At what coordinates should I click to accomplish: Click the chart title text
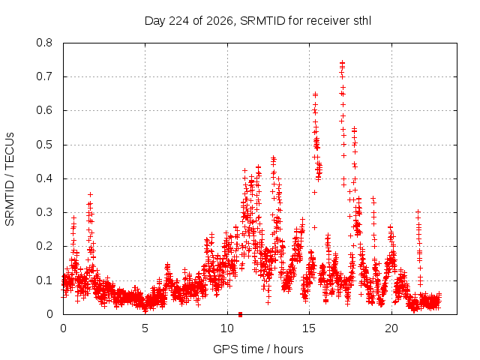pos(258,21)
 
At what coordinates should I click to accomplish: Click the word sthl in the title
pos(362,21)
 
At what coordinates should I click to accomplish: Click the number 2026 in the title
pos(220,21)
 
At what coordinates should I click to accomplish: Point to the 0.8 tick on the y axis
pos(44,43)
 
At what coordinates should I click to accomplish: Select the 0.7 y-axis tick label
pos(44,76)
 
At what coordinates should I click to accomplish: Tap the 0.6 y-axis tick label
pos(44,110)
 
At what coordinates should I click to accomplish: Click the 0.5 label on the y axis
pos(44,145)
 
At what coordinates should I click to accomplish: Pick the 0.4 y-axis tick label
pos(44,178)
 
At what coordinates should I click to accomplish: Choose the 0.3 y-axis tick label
pos(44,212)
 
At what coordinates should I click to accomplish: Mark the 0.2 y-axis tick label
pos(44,246)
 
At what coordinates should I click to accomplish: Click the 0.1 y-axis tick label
pos(44,280)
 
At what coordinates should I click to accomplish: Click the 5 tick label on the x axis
pos(145,328)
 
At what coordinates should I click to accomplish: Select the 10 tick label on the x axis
pos(227,328)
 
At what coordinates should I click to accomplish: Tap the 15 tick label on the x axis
pos(309,328)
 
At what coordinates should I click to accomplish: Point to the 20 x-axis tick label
pos(391,328)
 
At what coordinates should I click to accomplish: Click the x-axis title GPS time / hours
pos(258,349)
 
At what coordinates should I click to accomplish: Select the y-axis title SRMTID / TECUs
pos(10,179)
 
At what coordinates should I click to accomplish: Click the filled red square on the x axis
pos(240,314)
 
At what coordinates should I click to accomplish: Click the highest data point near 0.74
pos(342,63)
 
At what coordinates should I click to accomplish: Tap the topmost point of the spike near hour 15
pos(315,94)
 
